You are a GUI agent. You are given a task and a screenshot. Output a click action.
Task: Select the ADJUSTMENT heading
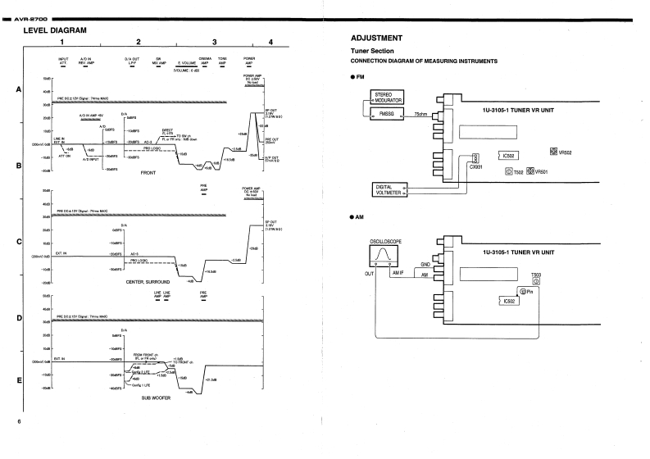click(x=376, y=38)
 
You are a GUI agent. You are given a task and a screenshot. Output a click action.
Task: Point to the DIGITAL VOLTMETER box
click(x=389, y=189)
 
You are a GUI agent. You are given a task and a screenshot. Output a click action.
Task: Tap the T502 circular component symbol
click(x=508, y=171)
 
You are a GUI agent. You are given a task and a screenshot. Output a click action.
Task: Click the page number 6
click(x=16, y=421)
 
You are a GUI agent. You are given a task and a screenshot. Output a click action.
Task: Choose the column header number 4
click(x=270, y=42)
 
